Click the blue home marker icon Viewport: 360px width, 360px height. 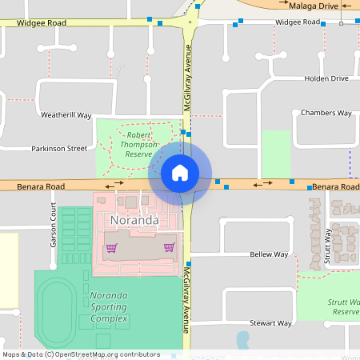point(179,172)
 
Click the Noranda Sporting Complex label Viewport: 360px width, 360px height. point(108,306)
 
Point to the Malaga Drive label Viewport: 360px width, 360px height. point(313,5)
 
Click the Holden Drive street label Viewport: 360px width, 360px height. point(326,78)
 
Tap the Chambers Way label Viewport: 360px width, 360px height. point(326,113)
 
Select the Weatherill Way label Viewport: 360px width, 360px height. point(67,114)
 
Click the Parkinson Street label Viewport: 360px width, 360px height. point(59,148)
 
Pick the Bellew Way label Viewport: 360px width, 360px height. point(269,254)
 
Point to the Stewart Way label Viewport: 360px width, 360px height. point(270,323)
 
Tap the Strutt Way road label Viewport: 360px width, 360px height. point(327,247)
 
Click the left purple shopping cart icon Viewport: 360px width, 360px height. point(111,247)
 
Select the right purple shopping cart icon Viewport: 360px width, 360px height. point(169,247)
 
